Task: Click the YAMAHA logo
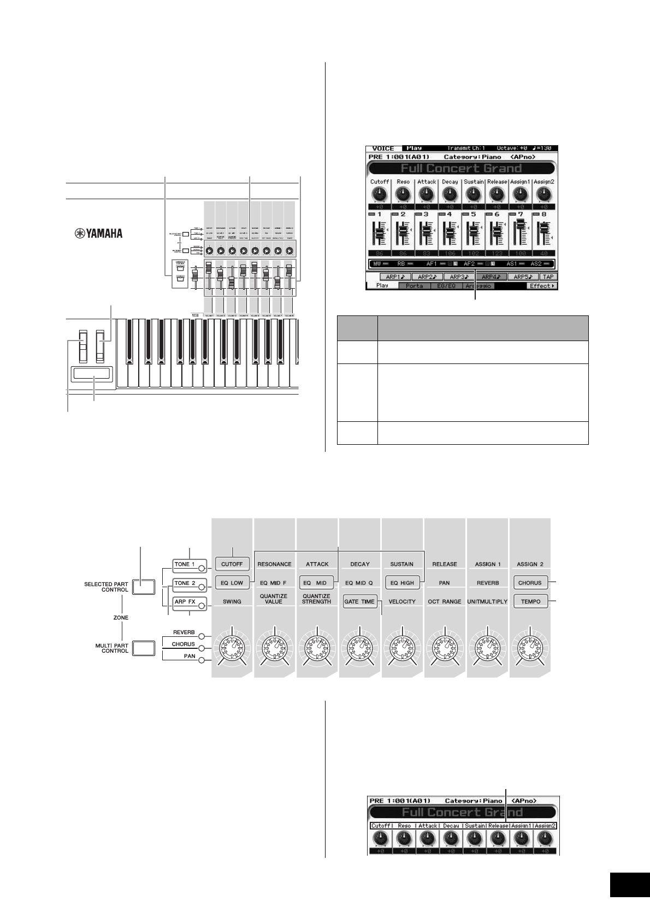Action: (99, 234)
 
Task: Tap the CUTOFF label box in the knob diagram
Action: (232, 564)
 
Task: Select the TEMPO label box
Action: (530, 601)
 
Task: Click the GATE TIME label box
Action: (359, 601)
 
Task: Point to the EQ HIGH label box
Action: (402, 583)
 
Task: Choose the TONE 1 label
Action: (185, 564)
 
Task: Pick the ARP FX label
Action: (185, 602)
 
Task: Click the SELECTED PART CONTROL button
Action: (144, 587)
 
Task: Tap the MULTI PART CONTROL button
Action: (144, 648)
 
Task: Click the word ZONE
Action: (121, 617)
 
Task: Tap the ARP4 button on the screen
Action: (491, 277)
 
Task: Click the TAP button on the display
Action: (548, 277)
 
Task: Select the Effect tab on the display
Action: (542, 286)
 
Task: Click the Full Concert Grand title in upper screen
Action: (462, 168)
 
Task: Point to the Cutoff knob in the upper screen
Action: (379, 194)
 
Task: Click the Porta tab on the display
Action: (414, 286)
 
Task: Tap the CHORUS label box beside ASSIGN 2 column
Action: (530, 583)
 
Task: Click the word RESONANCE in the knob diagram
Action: (274, 564)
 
